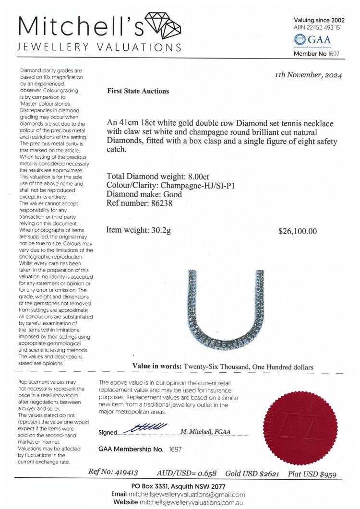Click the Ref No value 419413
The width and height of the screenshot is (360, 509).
point(124,473)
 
